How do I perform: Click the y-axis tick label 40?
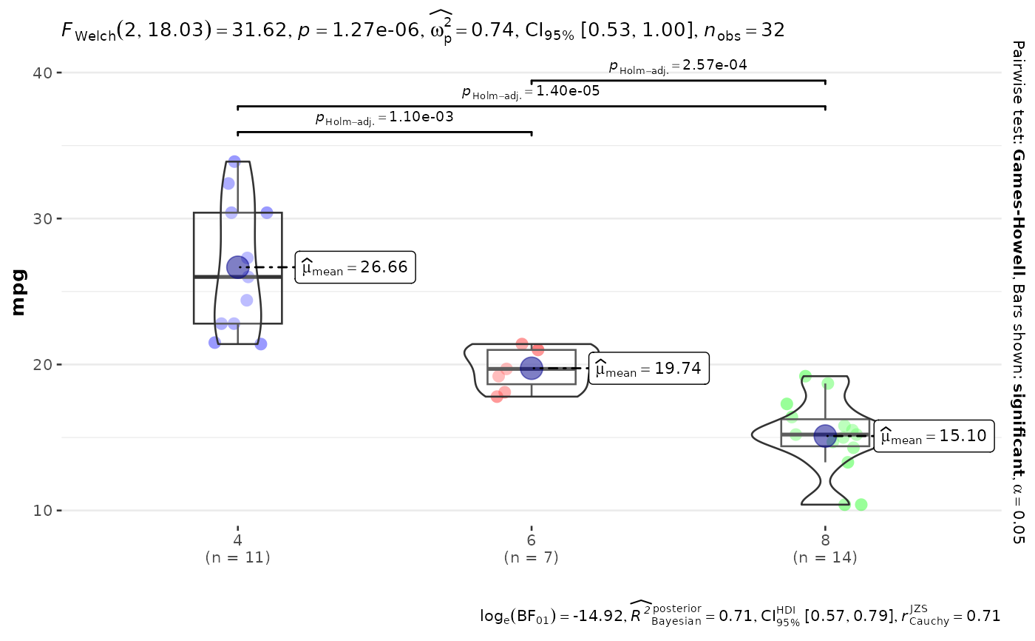coord(43,73)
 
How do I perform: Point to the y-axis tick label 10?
coord(43,511)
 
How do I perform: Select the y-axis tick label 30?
coord(43,219)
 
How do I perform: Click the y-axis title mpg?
coord(18,292)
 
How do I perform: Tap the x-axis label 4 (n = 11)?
coord(237,548)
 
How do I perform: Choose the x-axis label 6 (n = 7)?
coord(532,548)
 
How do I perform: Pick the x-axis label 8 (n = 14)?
coord(825,548)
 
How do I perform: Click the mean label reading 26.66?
coord(356,267)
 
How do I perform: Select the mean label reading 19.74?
coord(649,369)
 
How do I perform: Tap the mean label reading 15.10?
coord(934,436)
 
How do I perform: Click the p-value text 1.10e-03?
coord(421,116)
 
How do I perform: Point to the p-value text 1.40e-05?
coord(568,90)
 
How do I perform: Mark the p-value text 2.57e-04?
coord(715,64)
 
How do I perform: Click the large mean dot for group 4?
coord(238,267)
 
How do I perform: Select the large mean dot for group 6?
coord(532,369)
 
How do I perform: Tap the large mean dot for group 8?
coord(825,436)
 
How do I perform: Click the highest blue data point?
coord(234,162)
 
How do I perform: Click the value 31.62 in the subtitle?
coord(259,30)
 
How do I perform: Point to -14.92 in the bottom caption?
coord(598,616)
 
